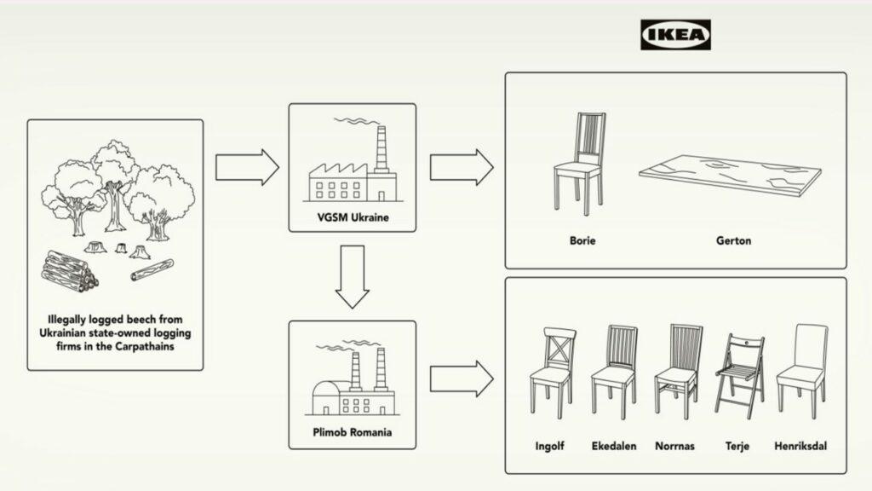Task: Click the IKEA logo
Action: pyautogui.click(x=675, y=34)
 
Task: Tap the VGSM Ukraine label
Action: pyautogui.click(x=353, y=217)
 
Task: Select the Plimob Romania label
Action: pyautogui.click(x=352, y=432)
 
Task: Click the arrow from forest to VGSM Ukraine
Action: pyautogui.click(x=247, y=167)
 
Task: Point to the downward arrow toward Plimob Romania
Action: pyautogui.click(x=352, y=277)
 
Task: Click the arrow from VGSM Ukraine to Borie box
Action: pyautogui.click(x=462, y=167)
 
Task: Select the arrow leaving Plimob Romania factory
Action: pyautogui.click(x=462, y=378)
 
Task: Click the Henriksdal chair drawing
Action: pyautogui.click(x=802, y=370)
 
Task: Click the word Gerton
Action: pyautogui.click(x=733, y=241)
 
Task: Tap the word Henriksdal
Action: pyautogui.click(x=800, y=446)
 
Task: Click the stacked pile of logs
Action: pyautogui.click(x=70, y=272)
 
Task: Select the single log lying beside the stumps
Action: pyautogui.click(x=152, y=270)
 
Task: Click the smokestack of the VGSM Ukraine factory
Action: pyautogui.click(x=381, y=148)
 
